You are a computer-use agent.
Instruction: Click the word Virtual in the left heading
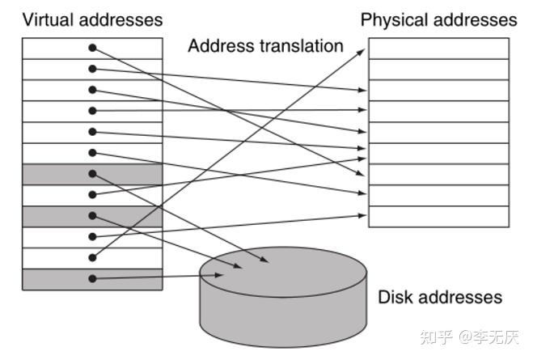[49, 19]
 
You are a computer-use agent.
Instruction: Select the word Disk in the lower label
[396, 297]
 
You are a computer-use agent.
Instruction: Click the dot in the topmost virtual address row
[92, 48]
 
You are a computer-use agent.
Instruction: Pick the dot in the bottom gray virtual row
[92, 279]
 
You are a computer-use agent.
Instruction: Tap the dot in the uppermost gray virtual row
[92, 174]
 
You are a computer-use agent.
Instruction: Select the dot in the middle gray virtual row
[92, 215]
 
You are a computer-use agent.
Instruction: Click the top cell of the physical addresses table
[439, 49]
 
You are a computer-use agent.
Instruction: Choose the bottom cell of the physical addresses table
[439, 217]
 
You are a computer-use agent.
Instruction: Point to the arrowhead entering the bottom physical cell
[362, 215]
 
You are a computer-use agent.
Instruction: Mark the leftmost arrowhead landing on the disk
[220, 275]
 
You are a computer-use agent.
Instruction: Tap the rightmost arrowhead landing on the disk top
[264, 260]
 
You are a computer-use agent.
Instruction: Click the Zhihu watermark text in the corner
[469, 337]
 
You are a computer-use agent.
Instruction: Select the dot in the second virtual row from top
[92, 69]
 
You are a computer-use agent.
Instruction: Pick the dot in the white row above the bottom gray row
[92, 258]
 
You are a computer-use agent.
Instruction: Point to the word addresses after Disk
[460, 297]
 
